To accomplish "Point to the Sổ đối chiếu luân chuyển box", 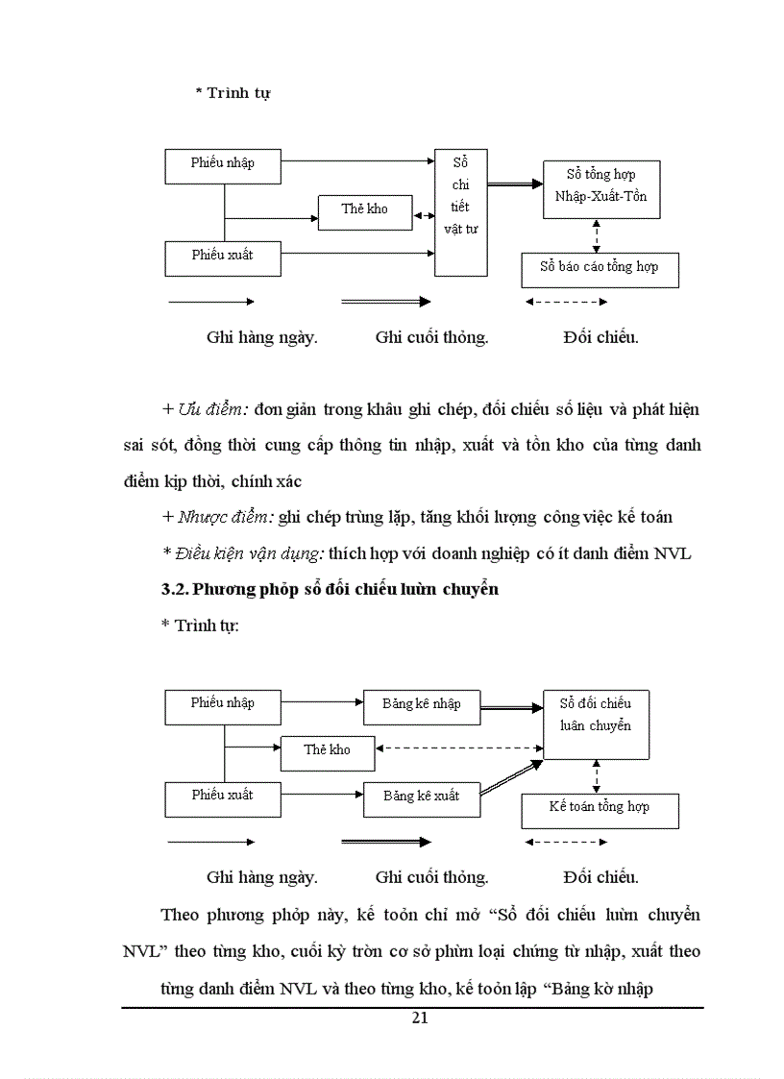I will coord(596,723).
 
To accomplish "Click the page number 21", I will coord(419,1019).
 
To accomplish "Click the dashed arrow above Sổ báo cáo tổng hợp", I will coord(597,235).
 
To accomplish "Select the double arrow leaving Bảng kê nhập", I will coord(511,708).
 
